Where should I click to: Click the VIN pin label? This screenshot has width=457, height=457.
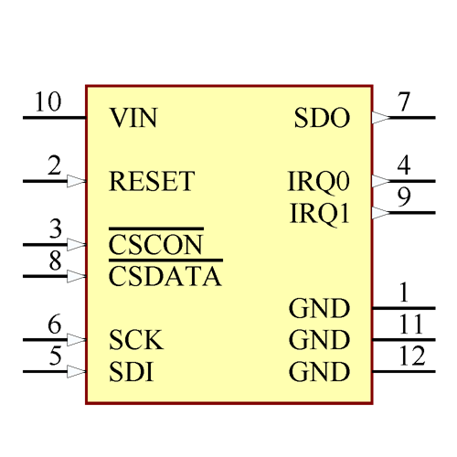[x=133, y=118]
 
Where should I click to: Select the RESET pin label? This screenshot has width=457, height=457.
[x=151, y=181]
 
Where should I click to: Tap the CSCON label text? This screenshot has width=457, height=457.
[x=154, y=245]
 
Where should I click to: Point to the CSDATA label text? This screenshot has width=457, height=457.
[x=165, y=276]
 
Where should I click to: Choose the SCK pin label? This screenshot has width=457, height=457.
[x=135, y=340]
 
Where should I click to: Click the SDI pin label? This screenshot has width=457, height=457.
[x=131, y=372]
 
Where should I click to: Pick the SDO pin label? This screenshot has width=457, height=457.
[x=322, y=118]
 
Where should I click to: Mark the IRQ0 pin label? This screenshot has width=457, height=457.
[x=319, y=181]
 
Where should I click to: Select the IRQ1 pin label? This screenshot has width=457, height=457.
[x=319, y=213]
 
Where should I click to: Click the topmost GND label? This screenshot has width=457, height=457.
[x=319, y=308]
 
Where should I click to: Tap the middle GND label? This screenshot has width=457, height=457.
[x=319, y=340]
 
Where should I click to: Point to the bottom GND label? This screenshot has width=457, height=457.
[x=319, y=372]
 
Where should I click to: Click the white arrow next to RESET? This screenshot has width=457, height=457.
[x=76, y=181]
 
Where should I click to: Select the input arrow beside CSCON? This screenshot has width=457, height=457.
[x=76, y=245]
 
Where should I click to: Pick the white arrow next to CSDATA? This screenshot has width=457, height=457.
[x=76, y=276]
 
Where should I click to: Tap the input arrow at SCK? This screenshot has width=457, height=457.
[x=76, y=340]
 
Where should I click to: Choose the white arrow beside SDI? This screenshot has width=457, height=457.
[x=76, y=372]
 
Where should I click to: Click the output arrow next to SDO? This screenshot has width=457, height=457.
[x=381, y=118]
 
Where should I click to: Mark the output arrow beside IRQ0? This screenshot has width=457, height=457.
[x=381, y=181]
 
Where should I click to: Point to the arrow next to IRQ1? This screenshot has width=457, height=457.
[x=381, y=213]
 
